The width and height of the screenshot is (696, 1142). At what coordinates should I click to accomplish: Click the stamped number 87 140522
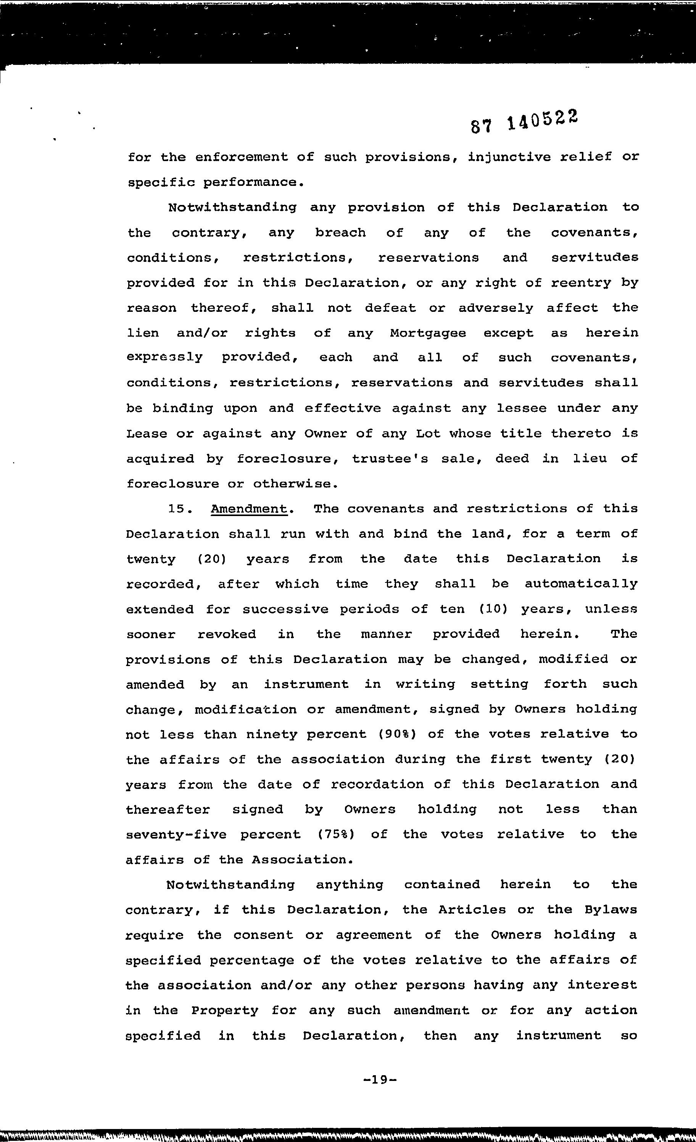tap(525, 122)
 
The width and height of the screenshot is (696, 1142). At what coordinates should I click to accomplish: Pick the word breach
tap(340, 233)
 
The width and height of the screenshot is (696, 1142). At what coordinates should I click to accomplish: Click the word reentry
tap(581, 283)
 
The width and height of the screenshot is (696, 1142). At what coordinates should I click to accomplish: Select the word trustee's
tap(390, 459)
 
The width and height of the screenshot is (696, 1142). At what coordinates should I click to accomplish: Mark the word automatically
tap(581, 584)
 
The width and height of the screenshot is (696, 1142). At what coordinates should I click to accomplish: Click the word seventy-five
tap(176, 835)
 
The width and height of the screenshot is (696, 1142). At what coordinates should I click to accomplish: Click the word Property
tap(225, 1011)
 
